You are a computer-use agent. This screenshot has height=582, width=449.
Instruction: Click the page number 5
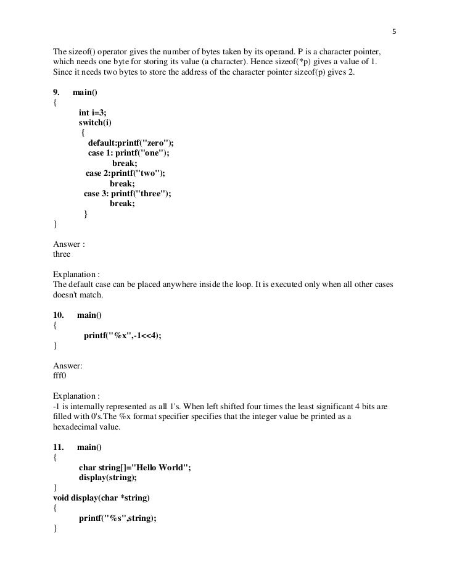pyautogui.click(x=394, y=31)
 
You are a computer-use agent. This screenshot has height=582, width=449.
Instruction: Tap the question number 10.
pyautogui.click(x=59, y=315)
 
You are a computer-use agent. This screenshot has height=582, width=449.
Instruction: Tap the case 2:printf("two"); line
pyautogui.click(x=125, y=173)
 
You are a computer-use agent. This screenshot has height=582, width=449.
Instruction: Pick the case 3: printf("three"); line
pyautogui.click(x=127, y=194)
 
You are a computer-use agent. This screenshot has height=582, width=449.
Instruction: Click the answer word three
pyautogui.click(x=62, y=254)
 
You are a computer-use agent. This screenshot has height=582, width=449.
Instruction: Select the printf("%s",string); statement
pyautogui.click(x=118, y=518)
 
